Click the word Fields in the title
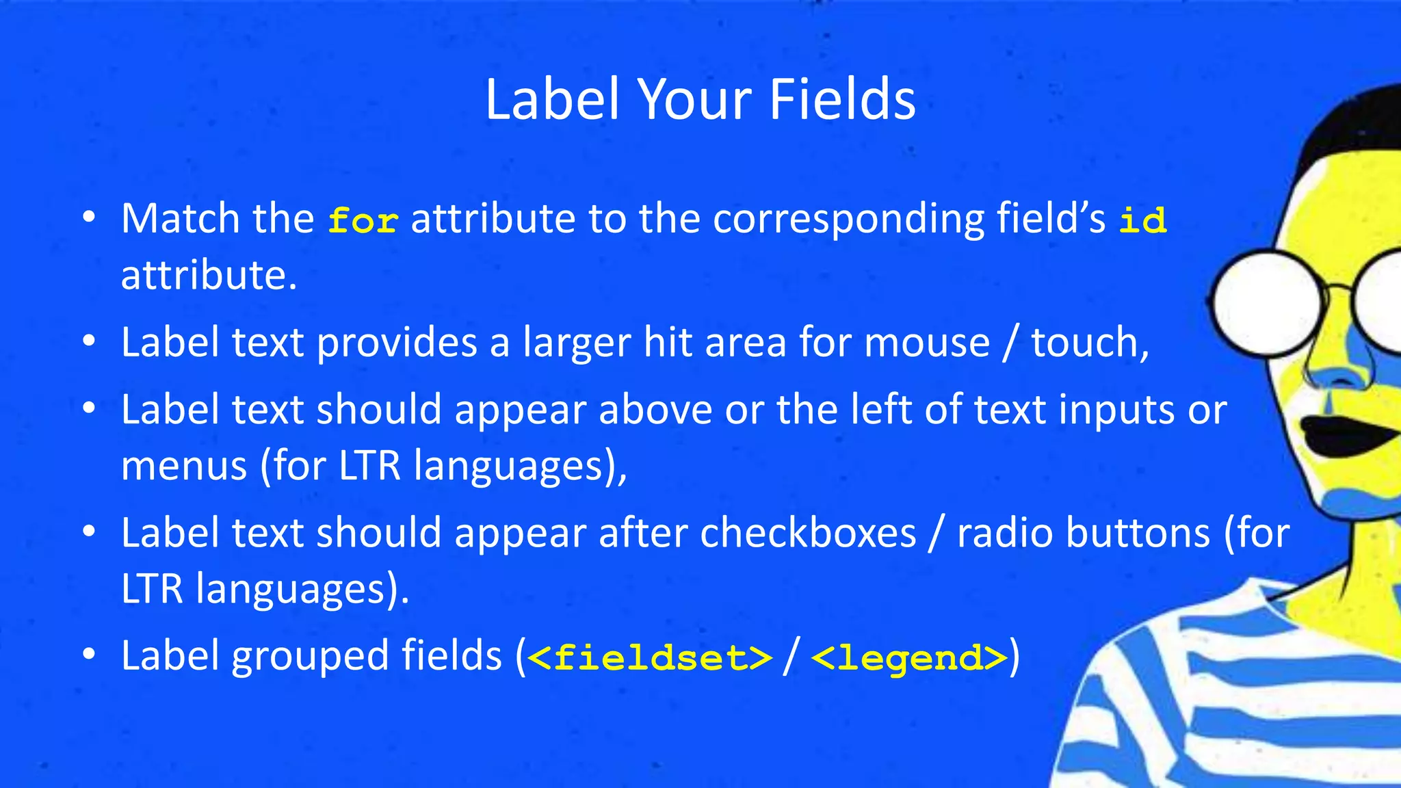842,99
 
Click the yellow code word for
363,221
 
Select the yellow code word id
1142,221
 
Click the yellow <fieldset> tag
650,657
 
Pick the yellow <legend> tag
910,657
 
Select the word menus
184,467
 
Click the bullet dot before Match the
88,218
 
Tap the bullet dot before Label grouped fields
88,655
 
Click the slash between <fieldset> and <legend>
791,657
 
